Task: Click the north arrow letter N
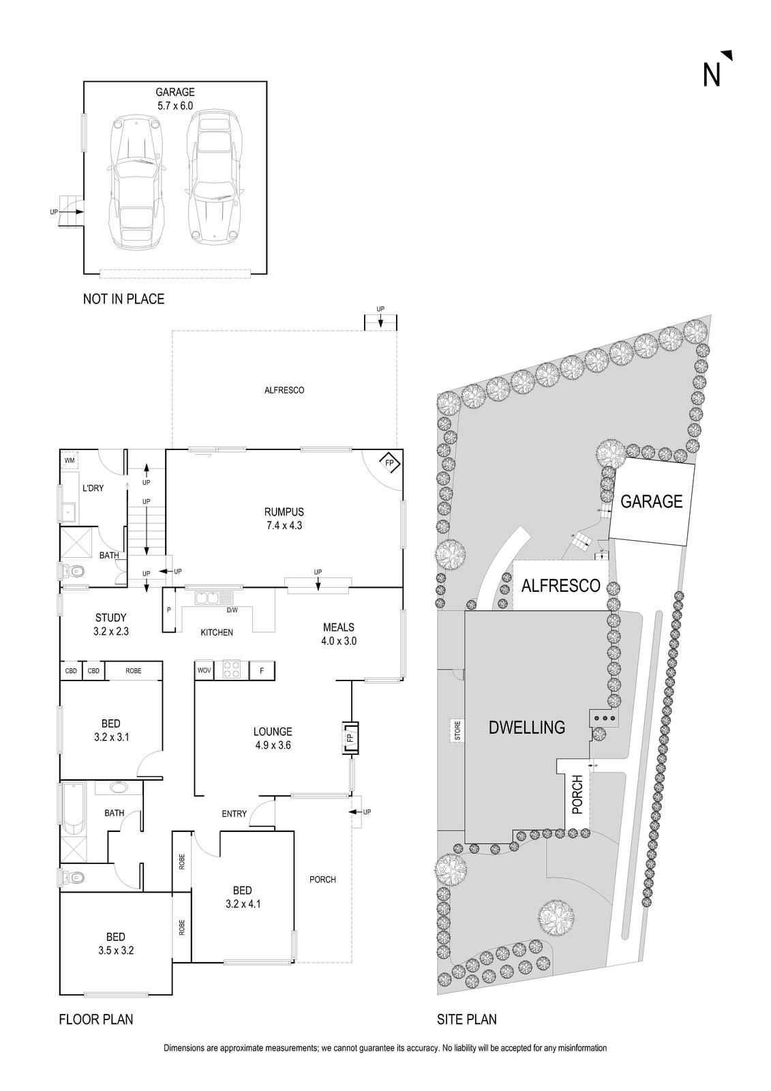[712, 74]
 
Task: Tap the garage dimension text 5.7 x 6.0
[175, 106]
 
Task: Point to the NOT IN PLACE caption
[123, 299]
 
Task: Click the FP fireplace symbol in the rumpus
[390, 464]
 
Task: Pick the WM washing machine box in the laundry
[70, 461]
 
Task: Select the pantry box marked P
[168, 609]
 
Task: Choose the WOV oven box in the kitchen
[204, 671]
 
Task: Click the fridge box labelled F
[262, 671]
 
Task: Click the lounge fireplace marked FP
[350, 738]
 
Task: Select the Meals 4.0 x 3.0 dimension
[339, 641]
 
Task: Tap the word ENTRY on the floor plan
[234, 813]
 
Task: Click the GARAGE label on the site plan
[651, 502]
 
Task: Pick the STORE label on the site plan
[458, 730]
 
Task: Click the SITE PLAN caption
[466, 1020]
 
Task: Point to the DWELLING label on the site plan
[527, 728]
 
